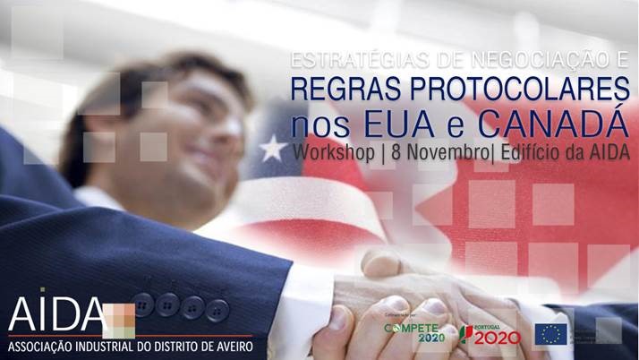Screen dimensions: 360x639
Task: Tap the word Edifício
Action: point(535,151)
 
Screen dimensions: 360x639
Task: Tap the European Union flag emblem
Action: point(551,335)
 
